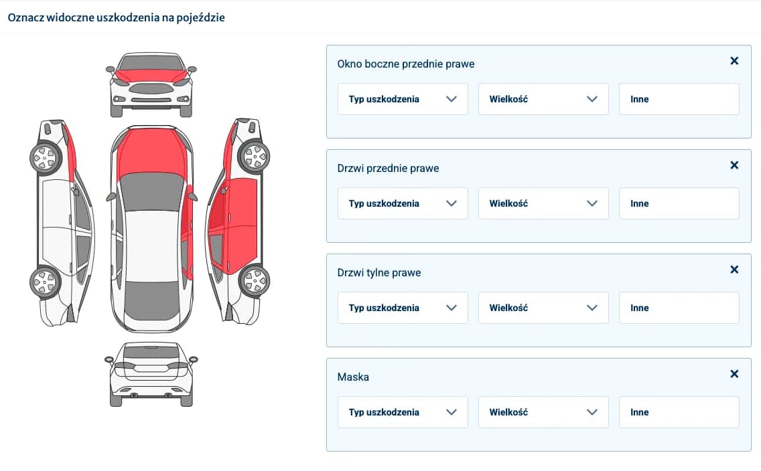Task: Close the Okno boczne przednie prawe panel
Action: click(734, 61)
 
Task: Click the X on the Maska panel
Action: click(734, 373)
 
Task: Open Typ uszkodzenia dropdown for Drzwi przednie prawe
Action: click(403, 203)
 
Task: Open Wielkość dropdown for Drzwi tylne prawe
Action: click(543, 308)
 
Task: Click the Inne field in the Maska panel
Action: click(679, 412)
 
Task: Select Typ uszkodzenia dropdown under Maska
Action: click(403, 412)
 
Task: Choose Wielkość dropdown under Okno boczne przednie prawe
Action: click(543, 99)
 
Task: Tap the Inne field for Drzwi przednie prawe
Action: click(679, 203)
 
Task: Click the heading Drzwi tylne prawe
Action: click(379, 272)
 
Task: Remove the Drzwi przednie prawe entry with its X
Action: click(734, 165)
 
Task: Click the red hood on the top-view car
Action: click(151, 151)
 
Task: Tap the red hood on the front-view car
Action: click(151, 76)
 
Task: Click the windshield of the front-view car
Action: click(151, 62)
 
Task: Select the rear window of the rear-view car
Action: click(151, 352)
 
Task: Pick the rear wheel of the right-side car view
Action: click(254, 281)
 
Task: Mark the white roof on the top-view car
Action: click(151, 246)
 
